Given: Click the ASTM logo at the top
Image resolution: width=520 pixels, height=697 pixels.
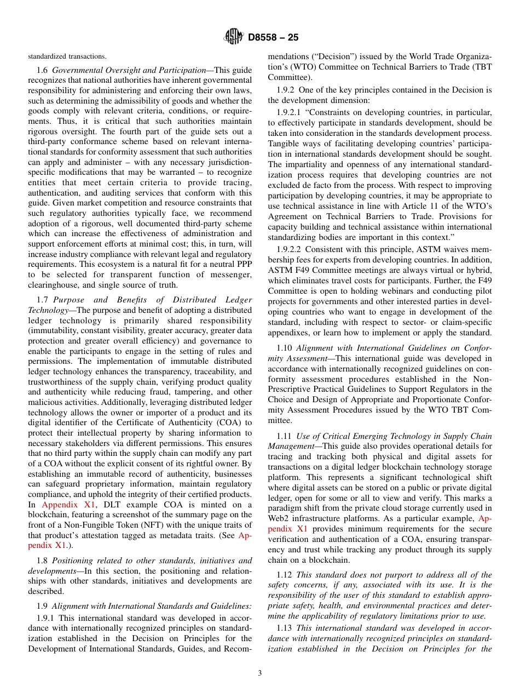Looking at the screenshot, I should pyautogui.click(x=234, y=37).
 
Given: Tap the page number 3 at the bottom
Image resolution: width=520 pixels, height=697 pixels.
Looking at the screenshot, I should pyautogui.click(x=260, y=673).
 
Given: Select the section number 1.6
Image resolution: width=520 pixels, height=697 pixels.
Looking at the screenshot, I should pyautogui.click(x=43, y=70).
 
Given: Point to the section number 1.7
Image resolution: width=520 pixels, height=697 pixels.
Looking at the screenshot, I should pyautogui.click(x=43, y=300).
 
